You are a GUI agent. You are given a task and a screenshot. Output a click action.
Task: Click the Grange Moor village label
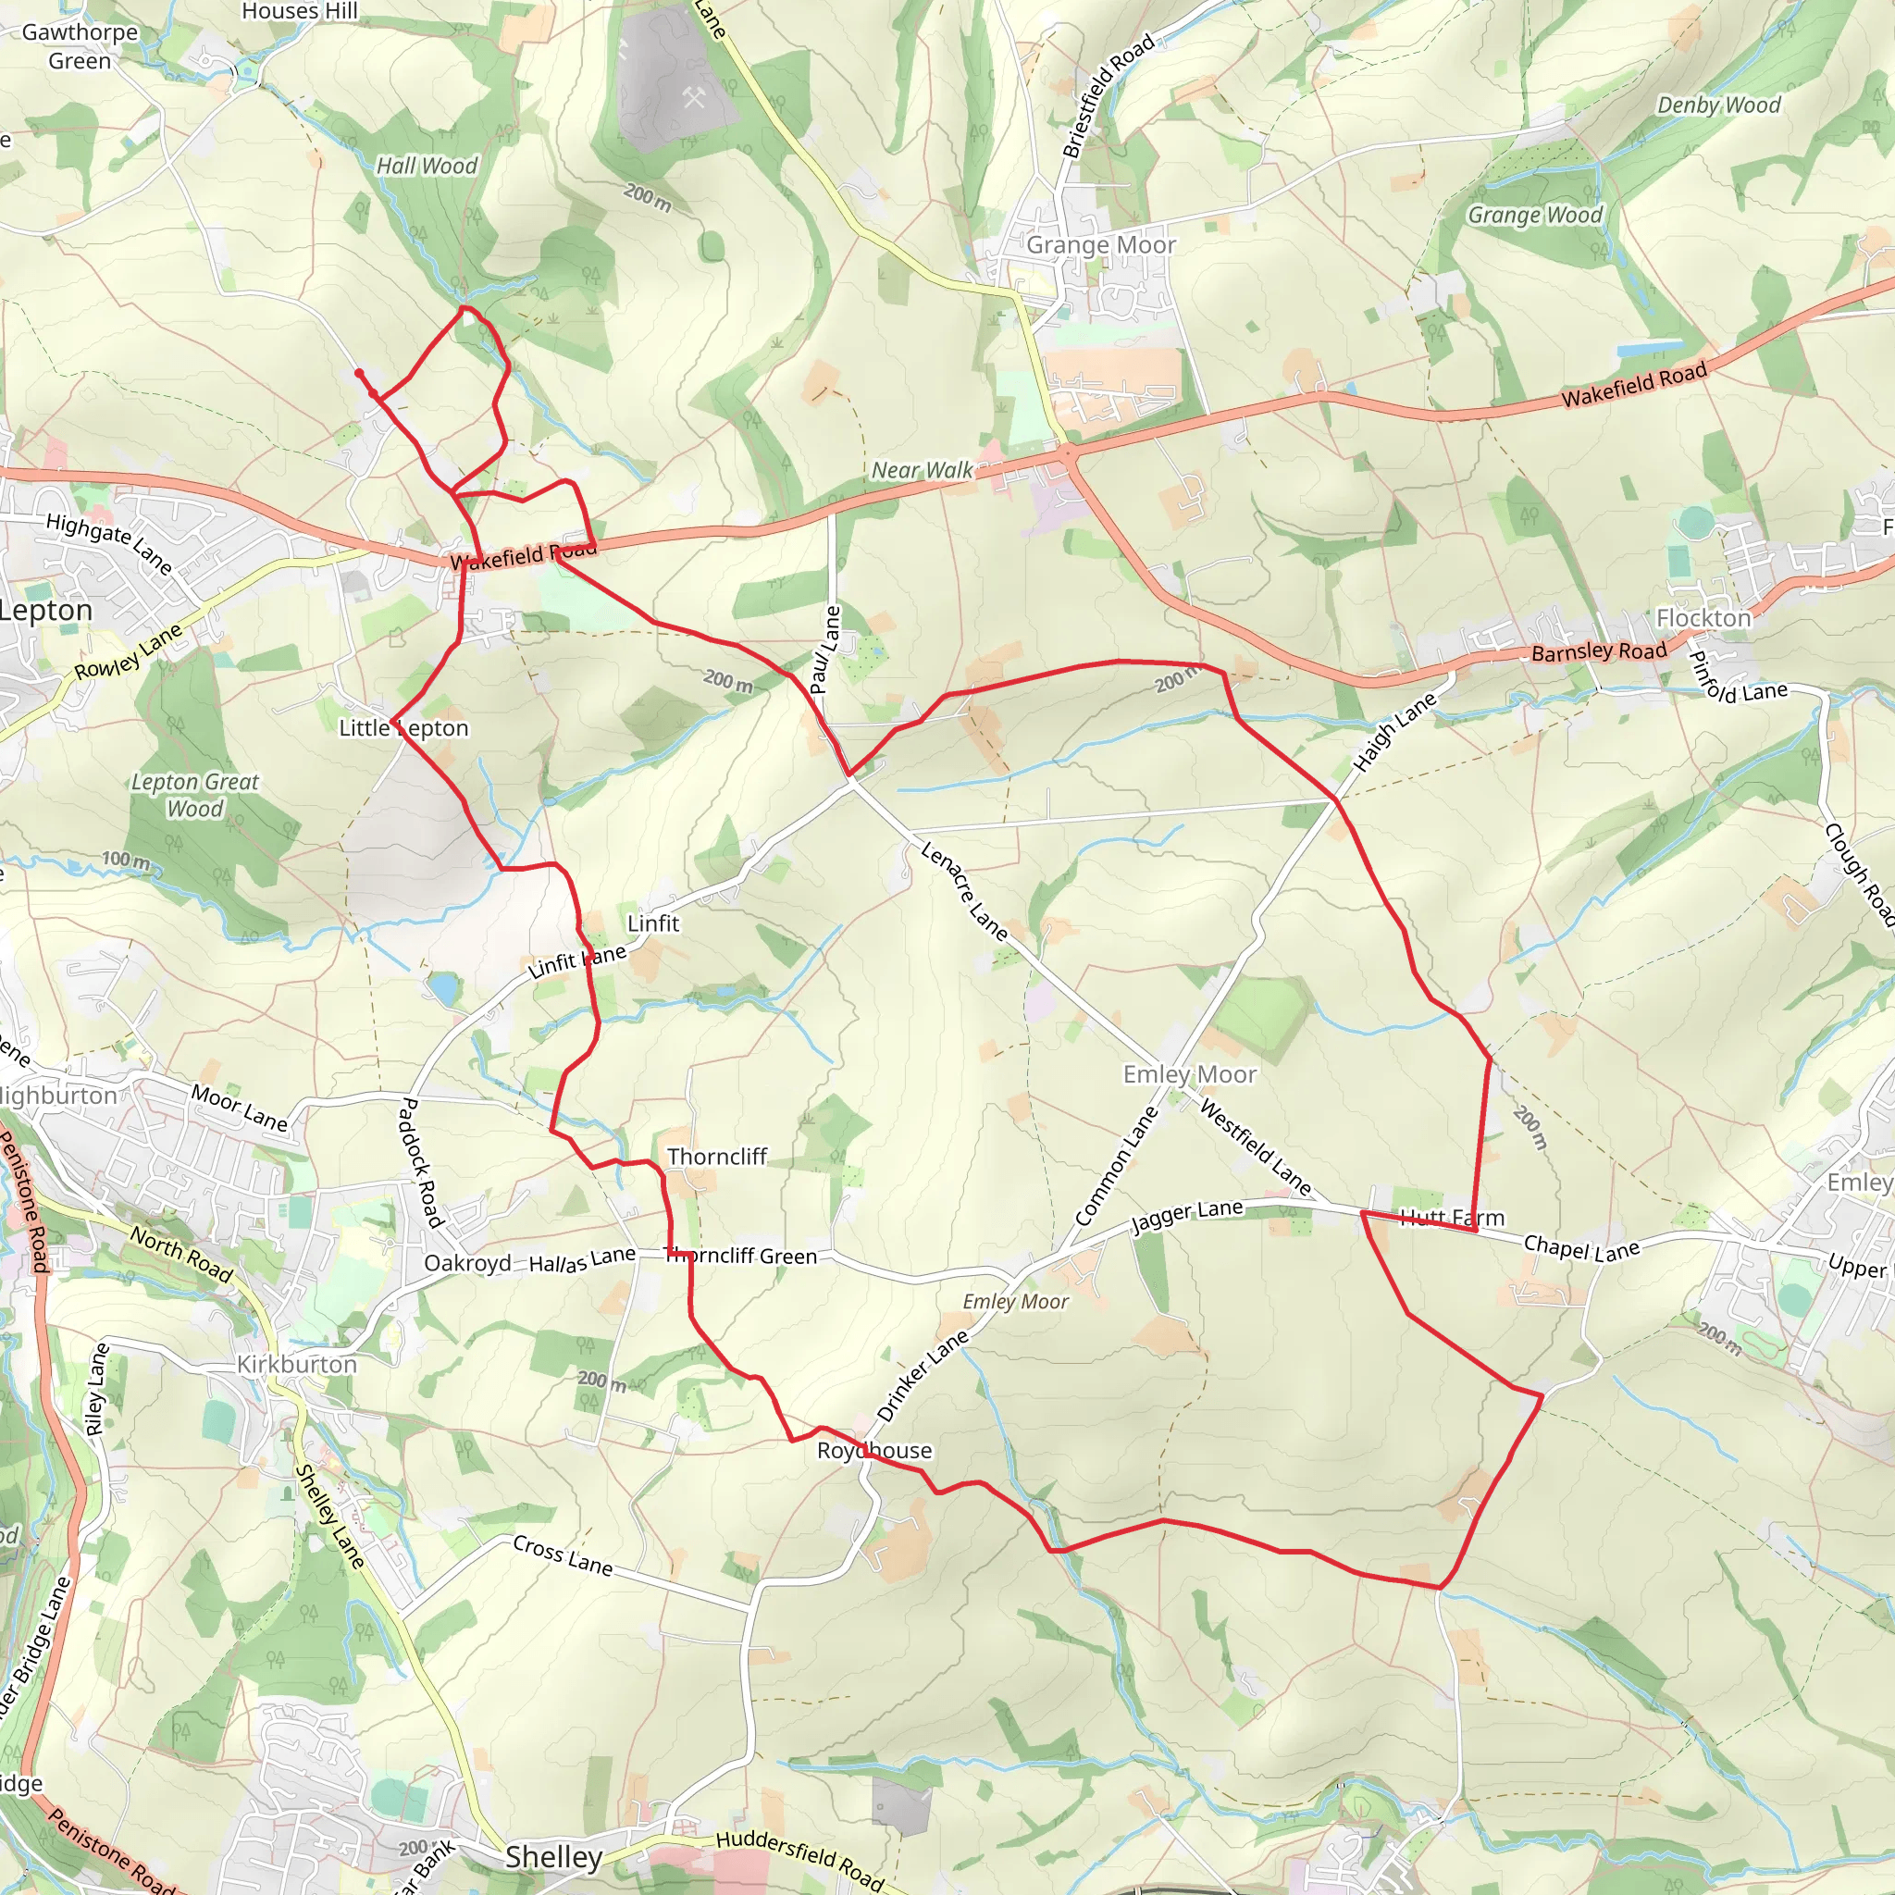point(1100,245)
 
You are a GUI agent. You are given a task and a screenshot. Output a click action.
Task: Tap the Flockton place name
point(1703,618)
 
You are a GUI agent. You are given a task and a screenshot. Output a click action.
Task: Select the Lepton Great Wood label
point(195,796)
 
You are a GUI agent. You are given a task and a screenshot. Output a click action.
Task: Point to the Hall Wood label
point(427,167)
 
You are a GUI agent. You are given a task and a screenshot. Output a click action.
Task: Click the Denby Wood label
point(1718,105)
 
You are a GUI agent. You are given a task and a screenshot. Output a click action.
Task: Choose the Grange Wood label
point(1535,215)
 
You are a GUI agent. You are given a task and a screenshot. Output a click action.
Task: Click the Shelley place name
point(554,1857)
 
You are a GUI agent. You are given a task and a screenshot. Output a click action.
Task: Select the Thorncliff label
point(717,1158)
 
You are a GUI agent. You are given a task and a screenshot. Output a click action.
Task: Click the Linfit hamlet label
point(653,923)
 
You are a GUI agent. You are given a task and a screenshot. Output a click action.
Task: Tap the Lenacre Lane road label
point(964,892)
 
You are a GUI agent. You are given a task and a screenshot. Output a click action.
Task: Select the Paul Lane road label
point(826,650)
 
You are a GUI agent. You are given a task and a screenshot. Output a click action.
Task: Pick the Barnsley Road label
point(1599,652)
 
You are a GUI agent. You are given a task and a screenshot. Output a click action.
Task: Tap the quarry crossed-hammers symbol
point(693,97)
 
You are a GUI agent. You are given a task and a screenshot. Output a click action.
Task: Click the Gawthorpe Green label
point(80,46)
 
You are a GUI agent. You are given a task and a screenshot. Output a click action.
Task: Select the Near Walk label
point(922,471)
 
